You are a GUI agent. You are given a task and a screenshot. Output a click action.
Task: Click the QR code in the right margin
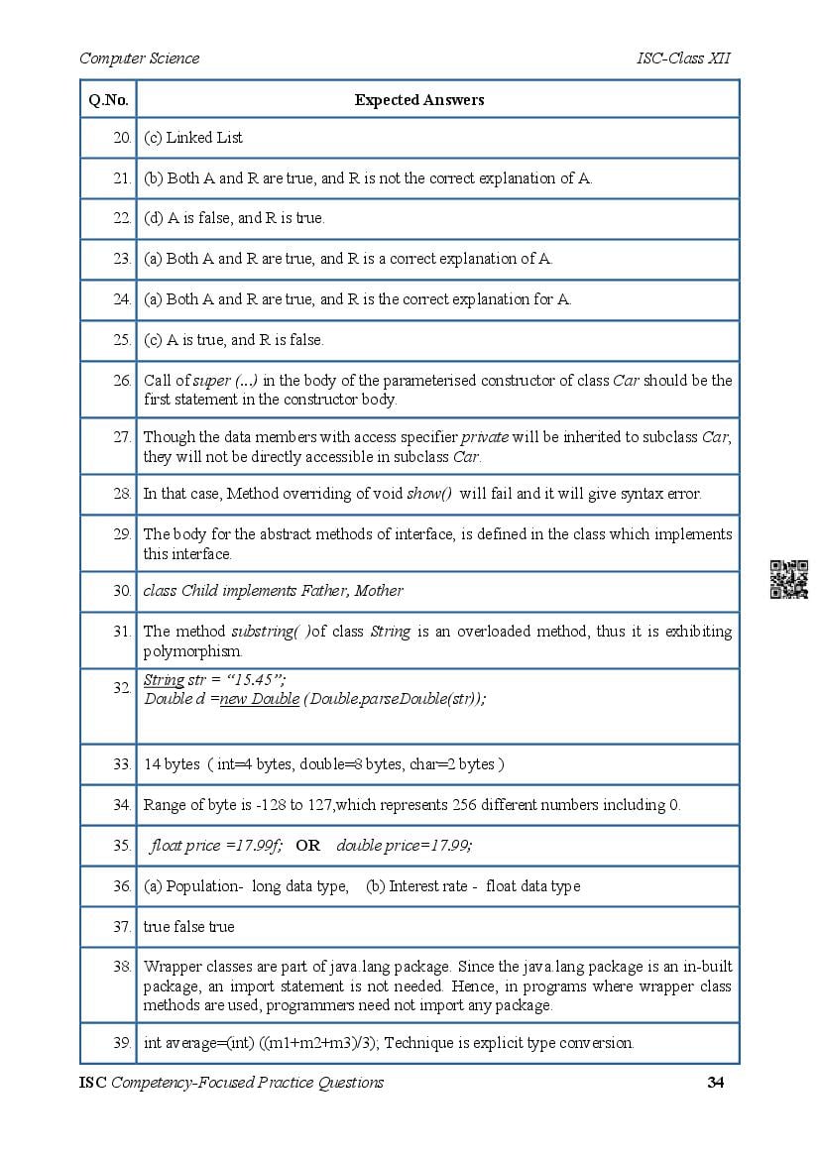coord(789,579)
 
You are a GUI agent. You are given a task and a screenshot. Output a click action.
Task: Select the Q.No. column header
coord(107,99)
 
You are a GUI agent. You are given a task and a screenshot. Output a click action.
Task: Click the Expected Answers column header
coord(419,99)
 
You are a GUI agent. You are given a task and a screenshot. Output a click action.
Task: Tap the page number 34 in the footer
coord(715,1082)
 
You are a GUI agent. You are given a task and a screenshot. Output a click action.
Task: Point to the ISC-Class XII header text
coord(684,58)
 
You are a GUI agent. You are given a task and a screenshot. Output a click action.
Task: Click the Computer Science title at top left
coord(139,58)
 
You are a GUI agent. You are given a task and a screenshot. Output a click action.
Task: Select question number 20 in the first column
coord(121,138)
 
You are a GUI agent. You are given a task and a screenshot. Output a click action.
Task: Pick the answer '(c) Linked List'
coord(193,138)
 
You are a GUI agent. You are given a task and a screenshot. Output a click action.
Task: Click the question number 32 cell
coord(121,687)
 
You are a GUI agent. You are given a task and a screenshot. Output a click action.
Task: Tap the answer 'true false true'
coord(189,927)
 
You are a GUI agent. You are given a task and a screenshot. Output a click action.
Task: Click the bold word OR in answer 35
coord(307,846)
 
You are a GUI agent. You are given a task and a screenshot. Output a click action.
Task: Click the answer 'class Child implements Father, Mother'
coord(274,591)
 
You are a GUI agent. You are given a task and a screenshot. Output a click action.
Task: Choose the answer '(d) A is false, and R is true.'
coord(234,218)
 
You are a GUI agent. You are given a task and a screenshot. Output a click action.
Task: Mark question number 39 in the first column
coord(121,1043)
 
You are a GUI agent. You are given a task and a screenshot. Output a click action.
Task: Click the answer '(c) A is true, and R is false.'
coord(234,340)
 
